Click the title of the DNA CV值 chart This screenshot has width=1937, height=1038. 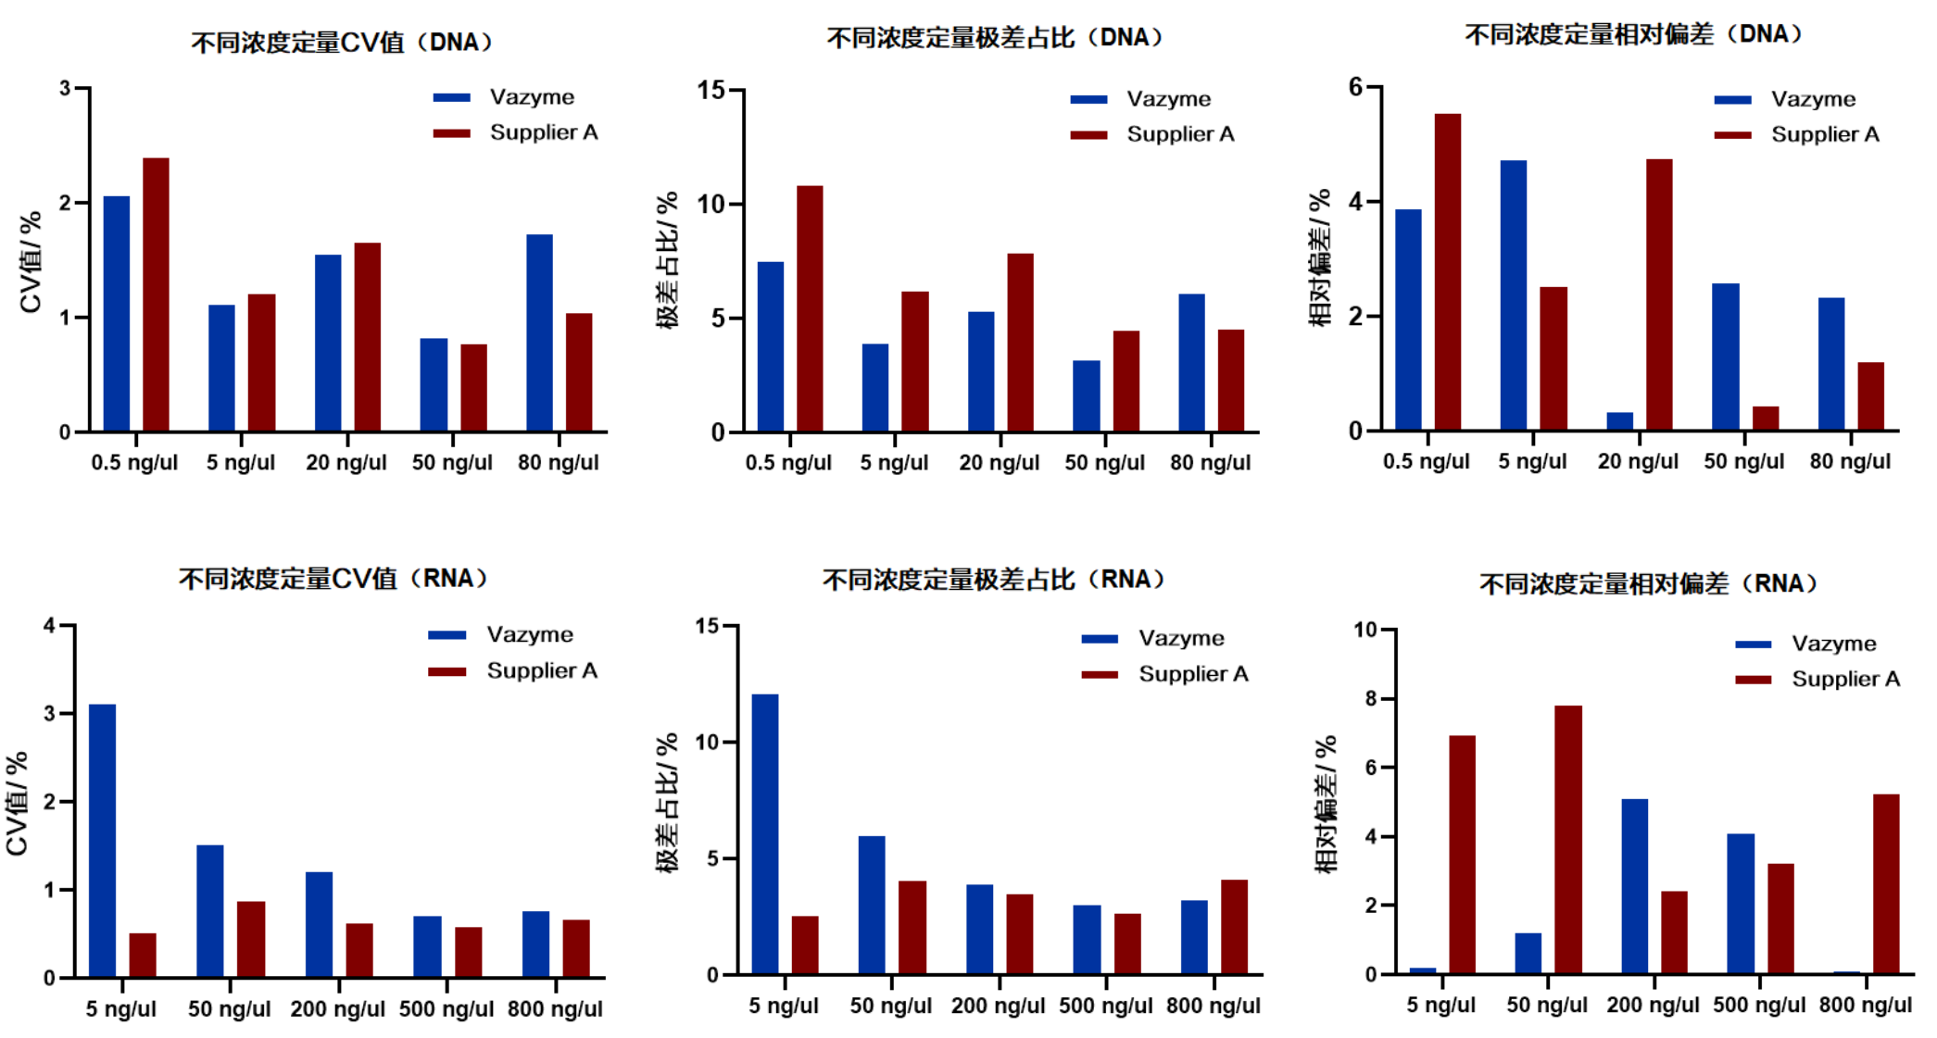(x=342, y=43)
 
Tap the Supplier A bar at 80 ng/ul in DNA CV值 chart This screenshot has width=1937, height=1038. (x=579, y=372)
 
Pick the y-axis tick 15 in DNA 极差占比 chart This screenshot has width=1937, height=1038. (x=711, y=90)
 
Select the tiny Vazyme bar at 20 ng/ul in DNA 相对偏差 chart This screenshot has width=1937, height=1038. (x=1619, y=421)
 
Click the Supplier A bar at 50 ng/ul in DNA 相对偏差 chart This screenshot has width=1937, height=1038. (x=1766, y=419)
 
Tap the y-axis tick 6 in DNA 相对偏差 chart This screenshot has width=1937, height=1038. (x=1355, y=87)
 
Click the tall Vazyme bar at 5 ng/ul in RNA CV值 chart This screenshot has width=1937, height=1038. (x=103, y=840)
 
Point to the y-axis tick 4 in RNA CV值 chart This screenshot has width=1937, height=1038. (x=49, y=626)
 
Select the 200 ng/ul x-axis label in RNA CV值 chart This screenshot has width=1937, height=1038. (x=337, y=1009)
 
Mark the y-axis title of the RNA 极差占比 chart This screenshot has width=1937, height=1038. (x=667, y=803)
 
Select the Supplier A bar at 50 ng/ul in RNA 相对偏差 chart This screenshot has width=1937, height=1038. (x=1568, y=839)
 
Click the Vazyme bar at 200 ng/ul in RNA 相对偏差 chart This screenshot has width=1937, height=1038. (x=1634, y=885)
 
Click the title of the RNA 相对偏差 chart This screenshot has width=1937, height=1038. (x=1648, y=584)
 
